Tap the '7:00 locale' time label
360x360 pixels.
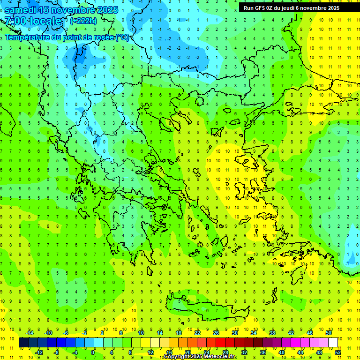[x=33, y=21]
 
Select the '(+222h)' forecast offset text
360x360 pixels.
[x=83, y=21]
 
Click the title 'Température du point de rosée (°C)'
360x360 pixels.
[x=67, y=37]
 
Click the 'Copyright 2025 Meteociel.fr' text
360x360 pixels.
[x=200, y=357]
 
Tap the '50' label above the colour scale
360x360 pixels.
[x=329, y=332]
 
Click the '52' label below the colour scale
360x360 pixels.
[x=338, y=352]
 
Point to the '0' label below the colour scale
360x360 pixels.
[x=93, y=352]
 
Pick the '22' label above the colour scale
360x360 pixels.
[x=197, y=332]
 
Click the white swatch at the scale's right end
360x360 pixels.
[x=333, y=343]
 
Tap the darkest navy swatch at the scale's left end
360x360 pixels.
[x=23, y=343]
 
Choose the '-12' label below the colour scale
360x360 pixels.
[x=38, y=352]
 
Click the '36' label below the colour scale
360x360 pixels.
[x=263, y=352]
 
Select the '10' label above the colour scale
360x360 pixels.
[x=141, y=332]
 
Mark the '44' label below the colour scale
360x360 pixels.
[x=300, y=352]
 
